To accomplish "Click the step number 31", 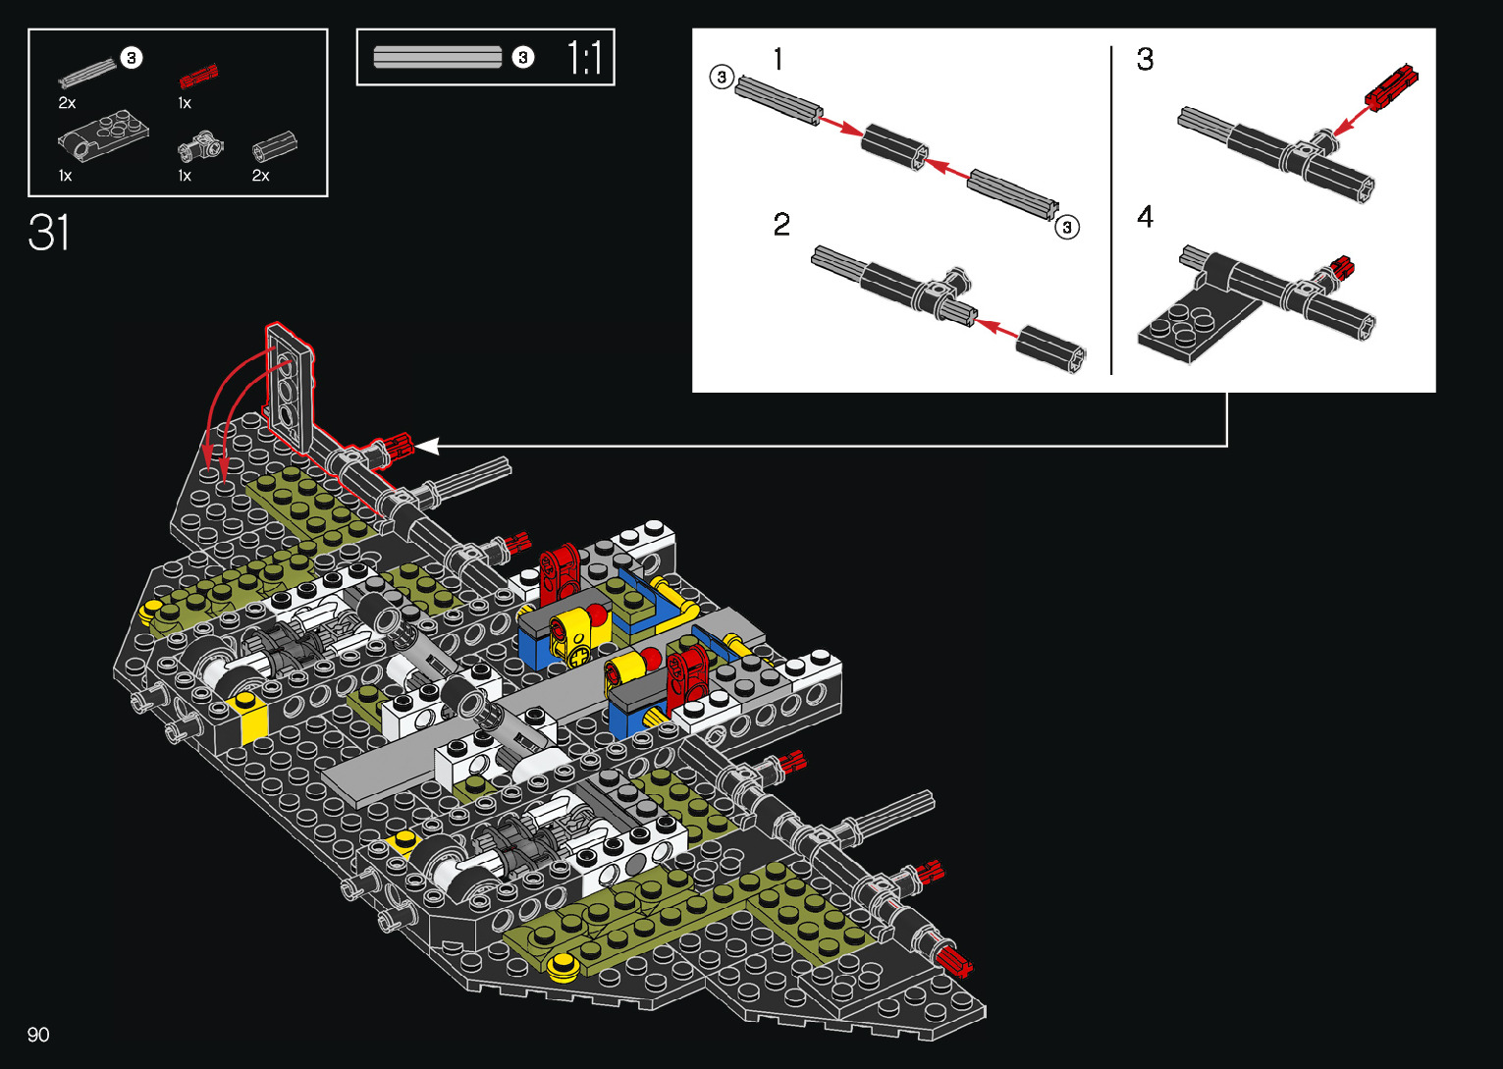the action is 48,233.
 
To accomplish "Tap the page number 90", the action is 38,1034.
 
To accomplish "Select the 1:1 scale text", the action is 584,57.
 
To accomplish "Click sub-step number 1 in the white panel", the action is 778,59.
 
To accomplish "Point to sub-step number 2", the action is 781,224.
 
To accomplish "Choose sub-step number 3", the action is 1146,59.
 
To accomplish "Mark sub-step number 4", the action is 1146,217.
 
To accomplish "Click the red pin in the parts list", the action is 198,78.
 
